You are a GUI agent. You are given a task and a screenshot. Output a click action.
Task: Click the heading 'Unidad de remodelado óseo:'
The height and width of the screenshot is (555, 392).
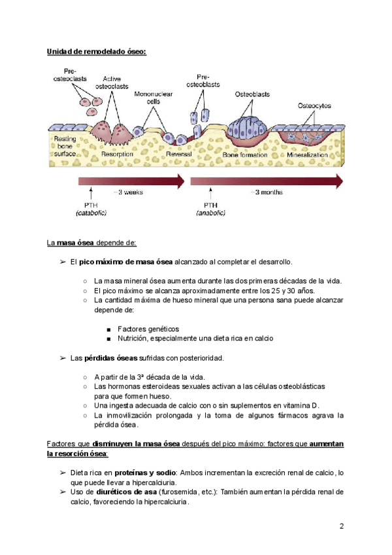pyautogui.click(x=96, y=52)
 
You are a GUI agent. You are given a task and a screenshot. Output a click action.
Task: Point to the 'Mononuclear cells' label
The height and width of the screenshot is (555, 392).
pyautogui.click(x=154, y=98)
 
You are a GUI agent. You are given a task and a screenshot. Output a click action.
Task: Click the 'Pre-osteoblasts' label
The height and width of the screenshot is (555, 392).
pyautogui.click(x=203, y=81)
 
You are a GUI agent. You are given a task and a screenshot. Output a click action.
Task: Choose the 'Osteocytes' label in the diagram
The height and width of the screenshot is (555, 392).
pyautogui.click(x=314, y=105)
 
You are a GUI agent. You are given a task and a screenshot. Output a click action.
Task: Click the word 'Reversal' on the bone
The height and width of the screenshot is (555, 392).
pyautogui.click(x=178, y=154)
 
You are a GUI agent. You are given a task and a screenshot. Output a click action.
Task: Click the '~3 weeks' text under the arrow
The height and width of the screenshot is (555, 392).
pyautogui.click(x=128, y=192)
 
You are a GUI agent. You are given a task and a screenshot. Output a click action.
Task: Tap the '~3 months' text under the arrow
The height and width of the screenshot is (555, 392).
pyautogui.click(x=269, y=192)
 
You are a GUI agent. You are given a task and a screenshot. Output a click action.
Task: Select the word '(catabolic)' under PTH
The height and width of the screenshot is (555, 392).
pyautogui.click(x=91, y=213)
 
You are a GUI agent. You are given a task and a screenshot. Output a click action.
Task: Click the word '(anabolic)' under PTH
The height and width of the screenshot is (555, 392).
pyautogui.click(x=211, y=213)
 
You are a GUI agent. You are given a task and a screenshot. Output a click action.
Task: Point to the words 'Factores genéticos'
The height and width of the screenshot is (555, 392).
pyautogui.click(x=148, y=329)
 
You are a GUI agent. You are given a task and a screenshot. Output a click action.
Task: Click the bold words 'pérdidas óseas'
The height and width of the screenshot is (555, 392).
pyautogui.click(x=112, y=358)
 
